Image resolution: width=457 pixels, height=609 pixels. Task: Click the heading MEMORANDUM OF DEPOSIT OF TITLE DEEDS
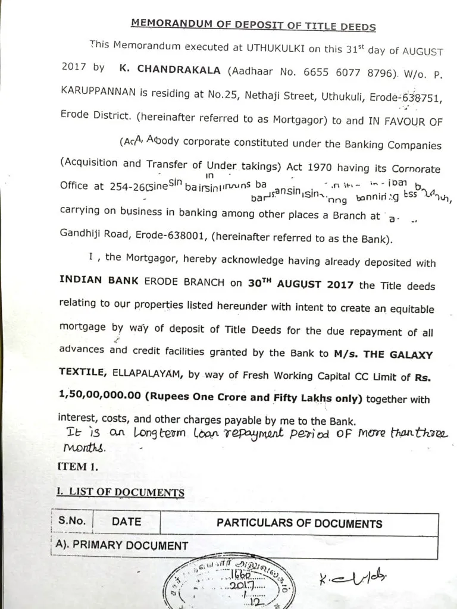pyautogui.click(x=253, y=24)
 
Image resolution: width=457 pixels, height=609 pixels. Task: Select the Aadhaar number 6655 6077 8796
pyautogui.click(x=346, y=71)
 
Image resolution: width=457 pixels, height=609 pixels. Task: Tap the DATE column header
pyautogui.click(x=127, y=522)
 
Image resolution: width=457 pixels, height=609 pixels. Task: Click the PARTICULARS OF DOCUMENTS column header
pyautogui.click(x=299, y=524)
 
